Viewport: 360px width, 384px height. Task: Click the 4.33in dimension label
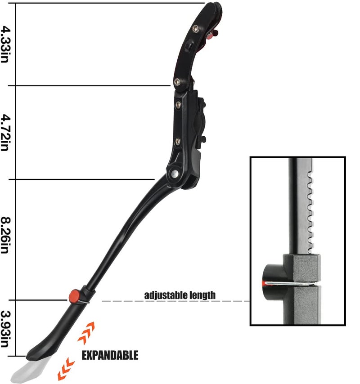pyautogui.click(x=5, y=44)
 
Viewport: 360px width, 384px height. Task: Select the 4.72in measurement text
pyautogui.click(x=5, y=132)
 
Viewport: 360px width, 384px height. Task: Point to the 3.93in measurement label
pyautogui.click(x=5, y=329)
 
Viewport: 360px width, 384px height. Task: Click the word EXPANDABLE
pyautogui.click(x=109, y=355)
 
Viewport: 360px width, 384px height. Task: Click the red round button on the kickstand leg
pyautogui.click(x=73, y=295)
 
